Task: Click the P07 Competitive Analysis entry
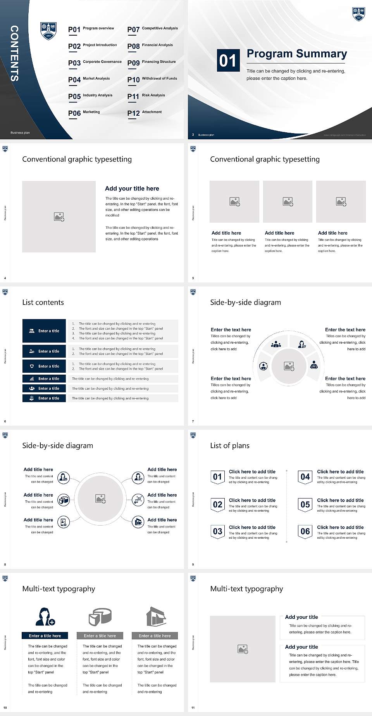pos(152,29)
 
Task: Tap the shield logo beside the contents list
pos(48,31)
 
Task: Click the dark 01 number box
pos(227,60)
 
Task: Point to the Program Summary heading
pos(296,54)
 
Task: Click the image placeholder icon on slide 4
pos(59,217)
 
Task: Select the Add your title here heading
pos(132,188)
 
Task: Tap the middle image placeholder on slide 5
pos(288,202)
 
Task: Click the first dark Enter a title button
pos(44,331)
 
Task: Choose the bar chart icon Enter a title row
pos(44,379)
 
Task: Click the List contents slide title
pos(43,302)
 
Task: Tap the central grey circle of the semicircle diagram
pos(289,366)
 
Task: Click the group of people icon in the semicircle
pos(276,344)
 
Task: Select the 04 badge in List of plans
pos(305,477)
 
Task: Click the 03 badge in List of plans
pos(217,531)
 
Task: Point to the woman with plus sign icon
pos(45,617)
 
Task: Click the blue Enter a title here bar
pos(45,635)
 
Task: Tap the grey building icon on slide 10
pos(156,616)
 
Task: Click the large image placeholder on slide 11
pos(243,649)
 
